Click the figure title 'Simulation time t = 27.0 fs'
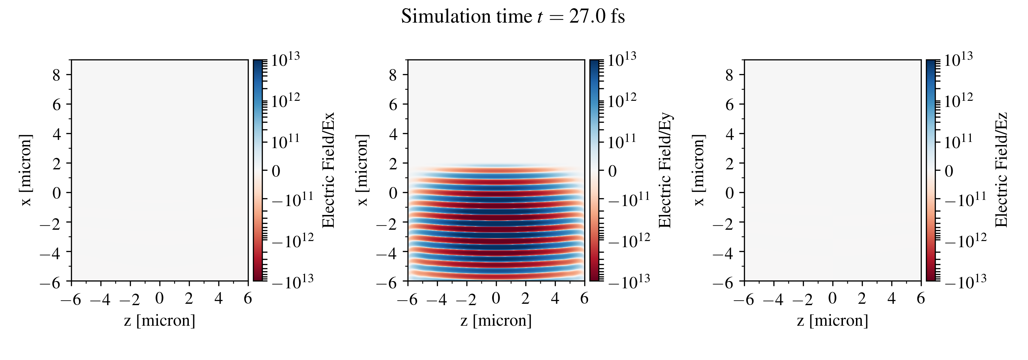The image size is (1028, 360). point(513,17)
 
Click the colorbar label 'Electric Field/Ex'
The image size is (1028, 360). point(328,170)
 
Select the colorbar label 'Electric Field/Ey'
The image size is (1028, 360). point(665,170)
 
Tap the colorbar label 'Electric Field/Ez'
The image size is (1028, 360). point(1001,170)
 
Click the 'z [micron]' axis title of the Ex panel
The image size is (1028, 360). point(160,321)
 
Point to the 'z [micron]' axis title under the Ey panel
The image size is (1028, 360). point(496,321)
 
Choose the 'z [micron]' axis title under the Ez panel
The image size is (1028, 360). point(832,321)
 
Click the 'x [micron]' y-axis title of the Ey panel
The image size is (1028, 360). point(362,170)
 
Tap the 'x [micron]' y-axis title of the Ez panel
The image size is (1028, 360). point(699,170)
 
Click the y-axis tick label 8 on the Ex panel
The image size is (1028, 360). point(56,75)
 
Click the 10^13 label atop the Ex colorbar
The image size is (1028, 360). point(286,60)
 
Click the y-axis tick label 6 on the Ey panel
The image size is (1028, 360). point(393,105)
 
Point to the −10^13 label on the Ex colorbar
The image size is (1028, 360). point(293,281)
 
